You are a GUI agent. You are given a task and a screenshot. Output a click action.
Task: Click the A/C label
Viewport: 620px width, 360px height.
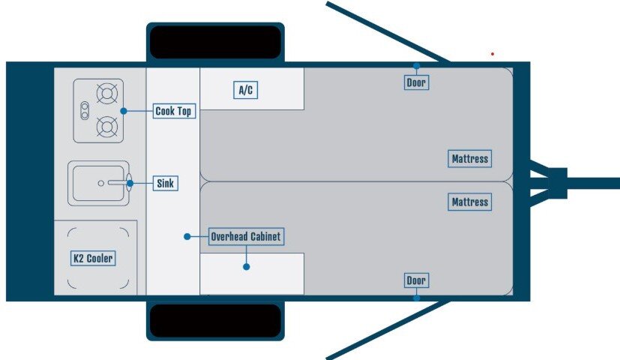(245, 91)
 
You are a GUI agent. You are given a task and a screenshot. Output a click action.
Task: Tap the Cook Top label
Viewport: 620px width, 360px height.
(173, 111)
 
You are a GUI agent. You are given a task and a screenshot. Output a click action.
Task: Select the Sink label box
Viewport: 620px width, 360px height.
(166, 183)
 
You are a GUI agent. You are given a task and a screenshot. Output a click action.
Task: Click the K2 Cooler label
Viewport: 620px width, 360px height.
(93, 259)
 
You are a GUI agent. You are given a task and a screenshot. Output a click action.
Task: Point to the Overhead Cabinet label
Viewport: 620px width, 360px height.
(246, 237)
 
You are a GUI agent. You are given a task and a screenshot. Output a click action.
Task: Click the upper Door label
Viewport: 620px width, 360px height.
(416, 82)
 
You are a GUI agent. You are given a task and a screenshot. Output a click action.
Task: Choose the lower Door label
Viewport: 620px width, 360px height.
(416, 280)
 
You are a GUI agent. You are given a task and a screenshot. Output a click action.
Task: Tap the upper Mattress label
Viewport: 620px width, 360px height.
(470, 159)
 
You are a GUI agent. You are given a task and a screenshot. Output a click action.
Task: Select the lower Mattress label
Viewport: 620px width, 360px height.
(470, 202)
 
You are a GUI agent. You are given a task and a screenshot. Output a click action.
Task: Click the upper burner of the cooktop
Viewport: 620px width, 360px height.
(108, 94)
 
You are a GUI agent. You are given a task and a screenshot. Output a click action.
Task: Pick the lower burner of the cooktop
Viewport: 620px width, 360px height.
(108, 127)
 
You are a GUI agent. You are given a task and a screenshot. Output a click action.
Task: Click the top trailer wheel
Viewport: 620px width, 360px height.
(214, 42)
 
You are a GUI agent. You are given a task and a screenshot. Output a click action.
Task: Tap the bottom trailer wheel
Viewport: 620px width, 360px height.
(214, 321)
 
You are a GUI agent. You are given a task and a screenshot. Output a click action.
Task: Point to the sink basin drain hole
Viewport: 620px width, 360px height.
(100, 183)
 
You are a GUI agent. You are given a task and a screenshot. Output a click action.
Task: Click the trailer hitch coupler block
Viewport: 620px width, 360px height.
(557, 181)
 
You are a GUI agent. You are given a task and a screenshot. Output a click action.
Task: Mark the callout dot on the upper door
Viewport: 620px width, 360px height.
(416, 65)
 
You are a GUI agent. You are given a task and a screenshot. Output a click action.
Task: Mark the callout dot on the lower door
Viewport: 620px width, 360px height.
(416, 298)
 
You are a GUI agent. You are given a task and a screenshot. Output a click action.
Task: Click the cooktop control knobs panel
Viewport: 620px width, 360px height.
(85, 110)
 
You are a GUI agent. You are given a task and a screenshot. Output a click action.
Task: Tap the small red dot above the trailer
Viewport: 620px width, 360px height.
(493, 54)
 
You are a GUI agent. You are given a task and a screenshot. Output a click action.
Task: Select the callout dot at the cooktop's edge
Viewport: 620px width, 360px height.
(124, 111)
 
